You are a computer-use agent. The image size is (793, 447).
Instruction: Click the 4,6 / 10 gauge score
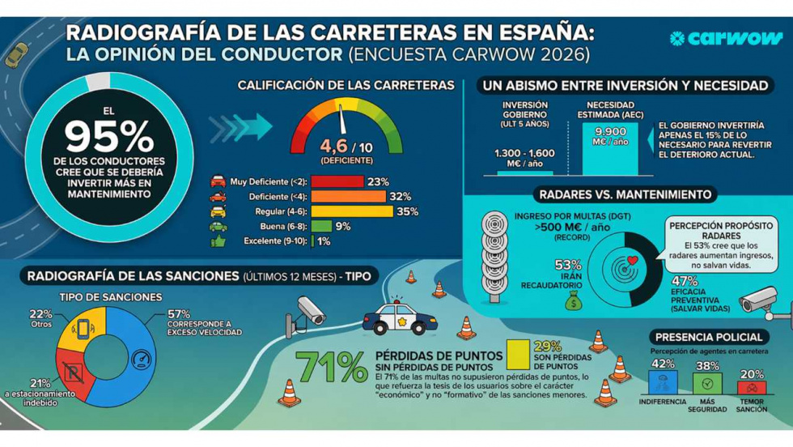pos(346,146)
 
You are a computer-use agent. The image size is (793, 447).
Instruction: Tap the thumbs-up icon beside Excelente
pos(218,241)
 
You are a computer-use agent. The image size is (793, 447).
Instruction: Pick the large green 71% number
pos(332,367)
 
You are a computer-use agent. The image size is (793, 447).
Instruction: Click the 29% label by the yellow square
pos(547,346)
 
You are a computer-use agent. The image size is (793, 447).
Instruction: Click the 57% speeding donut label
pos(179,313)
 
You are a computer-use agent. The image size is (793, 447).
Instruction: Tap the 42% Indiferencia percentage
pos(663,364)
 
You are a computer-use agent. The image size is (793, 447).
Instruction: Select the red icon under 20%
pos(751,387)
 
